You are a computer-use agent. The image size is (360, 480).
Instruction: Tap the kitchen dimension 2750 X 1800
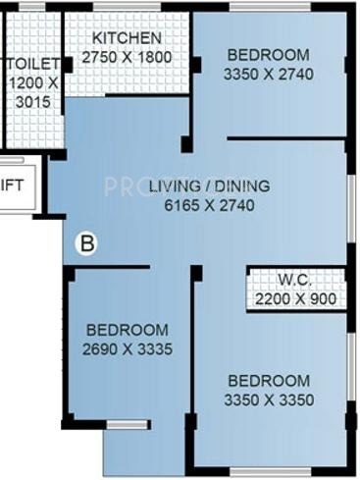[x=126, y=57]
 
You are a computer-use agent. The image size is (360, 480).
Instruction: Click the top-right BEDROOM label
[x=267, y=55]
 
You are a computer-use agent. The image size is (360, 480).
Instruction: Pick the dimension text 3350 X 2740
[x=267, y=74]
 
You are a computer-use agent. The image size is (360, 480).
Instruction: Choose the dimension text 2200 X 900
[x=293, y=298]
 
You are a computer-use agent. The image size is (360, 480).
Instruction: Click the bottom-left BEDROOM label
[x=127, y=331]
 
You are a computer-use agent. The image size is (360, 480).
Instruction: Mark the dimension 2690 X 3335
[x=127, y=349]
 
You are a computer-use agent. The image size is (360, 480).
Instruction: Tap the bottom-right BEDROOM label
[x=268, y=381]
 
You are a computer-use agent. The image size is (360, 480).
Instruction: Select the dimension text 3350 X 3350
[x=268, y=400]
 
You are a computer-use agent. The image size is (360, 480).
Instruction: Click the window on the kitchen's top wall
[x=123, y=9]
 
